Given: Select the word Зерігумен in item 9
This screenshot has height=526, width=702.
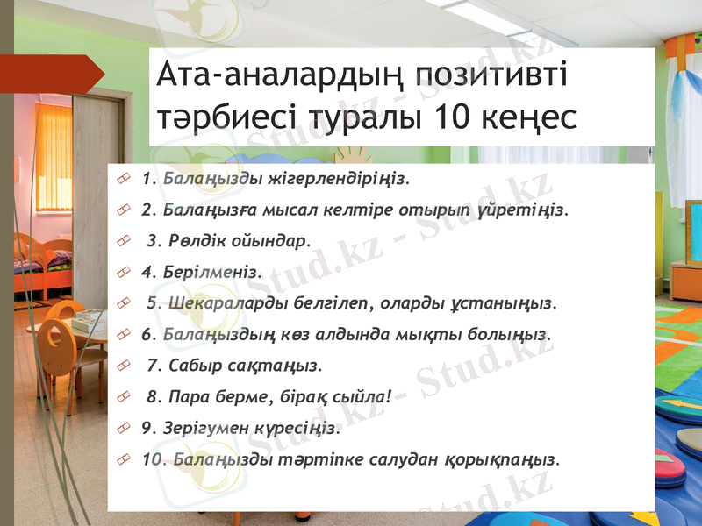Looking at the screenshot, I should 204,429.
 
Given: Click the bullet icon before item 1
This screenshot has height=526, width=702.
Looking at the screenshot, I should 123,180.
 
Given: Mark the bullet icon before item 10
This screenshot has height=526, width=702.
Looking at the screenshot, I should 123,460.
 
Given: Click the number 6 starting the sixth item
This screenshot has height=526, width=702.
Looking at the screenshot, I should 146,334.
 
